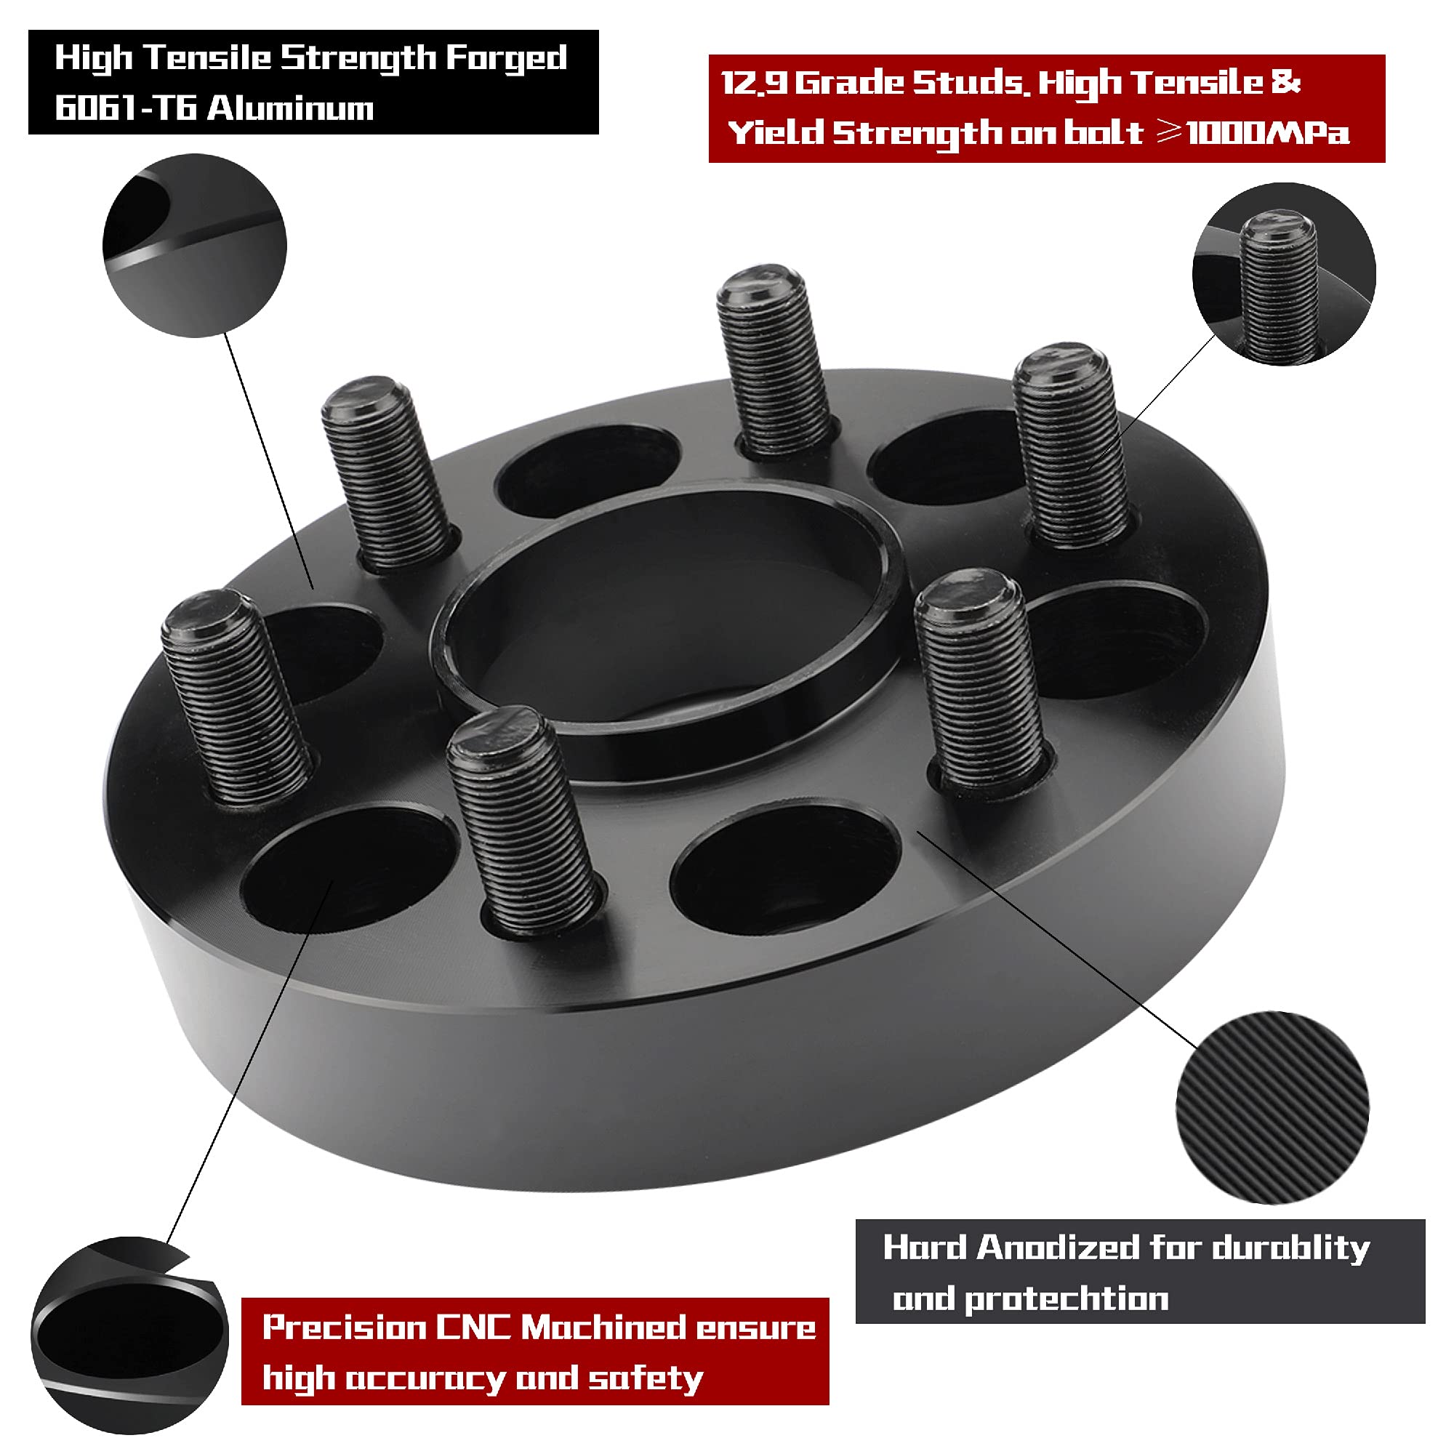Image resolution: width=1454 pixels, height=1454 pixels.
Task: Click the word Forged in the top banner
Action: [507, 59]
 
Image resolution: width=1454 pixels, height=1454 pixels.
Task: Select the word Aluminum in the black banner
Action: [291, 108]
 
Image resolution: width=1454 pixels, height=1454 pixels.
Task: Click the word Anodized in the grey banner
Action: [1058, 1248]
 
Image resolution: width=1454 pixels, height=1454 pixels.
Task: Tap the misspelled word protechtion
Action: [1067, 1299]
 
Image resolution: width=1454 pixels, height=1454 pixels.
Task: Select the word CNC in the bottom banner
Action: [473, 1327]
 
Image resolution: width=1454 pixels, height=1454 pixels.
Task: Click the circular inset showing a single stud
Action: [1284, 274]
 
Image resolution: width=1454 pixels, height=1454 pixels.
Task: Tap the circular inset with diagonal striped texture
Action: [1272, 1107]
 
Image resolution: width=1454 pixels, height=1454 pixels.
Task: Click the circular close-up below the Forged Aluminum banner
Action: [195, 245]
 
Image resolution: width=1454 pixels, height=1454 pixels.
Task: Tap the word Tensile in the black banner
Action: [207, 59]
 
